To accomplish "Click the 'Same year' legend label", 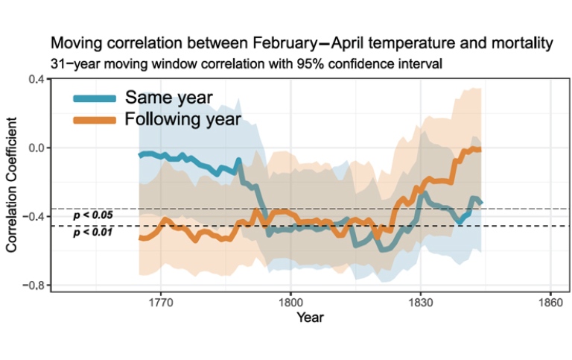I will point(169,97).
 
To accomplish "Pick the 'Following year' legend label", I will point(183,119).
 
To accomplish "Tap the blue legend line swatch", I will point(95,98).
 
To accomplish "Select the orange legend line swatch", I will point(95,120).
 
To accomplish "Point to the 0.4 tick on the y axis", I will point(34,79).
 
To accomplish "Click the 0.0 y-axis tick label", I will point(34,148).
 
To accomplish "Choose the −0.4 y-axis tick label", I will point(31,216).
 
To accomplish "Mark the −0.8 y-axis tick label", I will point(31,285).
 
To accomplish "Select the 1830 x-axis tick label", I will point(420,303).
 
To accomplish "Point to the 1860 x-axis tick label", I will point(550,303).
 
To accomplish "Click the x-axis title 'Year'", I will point(309,318).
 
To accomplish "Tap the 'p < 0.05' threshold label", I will point(93,215).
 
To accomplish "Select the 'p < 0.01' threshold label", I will point(93,233).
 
